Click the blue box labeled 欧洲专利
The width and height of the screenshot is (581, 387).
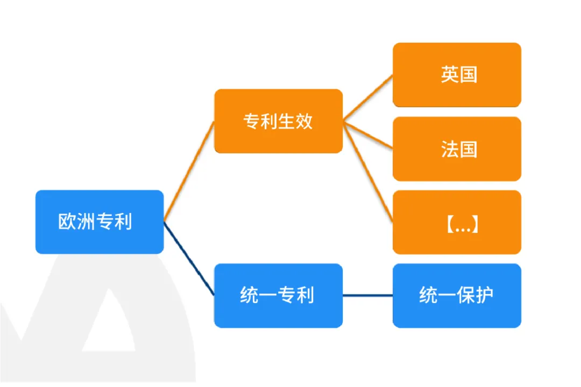coord(100,222)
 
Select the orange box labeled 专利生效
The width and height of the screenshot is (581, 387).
coord(278,121)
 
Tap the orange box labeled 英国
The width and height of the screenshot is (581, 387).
coord(457,75)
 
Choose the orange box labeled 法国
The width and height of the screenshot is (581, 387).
coord(457,149)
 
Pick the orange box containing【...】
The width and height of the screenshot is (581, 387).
coord(457,222)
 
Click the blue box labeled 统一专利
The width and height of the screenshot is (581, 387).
coord(278,296)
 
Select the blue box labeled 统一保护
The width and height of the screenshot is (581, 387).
coord(457,296)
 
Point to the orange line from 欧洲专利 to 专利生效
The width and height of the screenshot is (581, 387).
coord(189,171)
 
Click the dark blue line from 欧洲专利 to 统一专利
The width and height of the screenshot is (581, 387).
coord(189,259)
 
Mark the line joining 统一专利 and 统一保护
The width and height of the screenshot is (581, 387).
coord(367,296)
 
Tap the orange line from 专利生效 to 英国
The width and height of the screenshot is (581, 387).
coord(367,98)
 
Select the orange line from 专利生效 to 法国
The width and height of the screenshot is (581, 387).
coord(367,135)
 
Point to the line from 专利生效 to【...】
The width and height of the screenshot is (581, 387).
coord(367,171)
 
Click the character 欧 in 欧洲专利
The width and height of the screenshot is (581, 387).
coord(67,221)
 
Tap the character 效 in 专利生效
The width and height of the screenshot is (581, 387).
coord(304,121)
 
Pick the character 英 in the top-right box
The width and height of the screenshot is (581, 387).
coord(449,74)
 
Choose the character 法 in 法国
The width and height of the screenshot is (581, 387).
coord(449,149)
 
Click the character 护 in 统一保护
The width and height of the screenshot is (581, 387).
coord(484,295)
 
